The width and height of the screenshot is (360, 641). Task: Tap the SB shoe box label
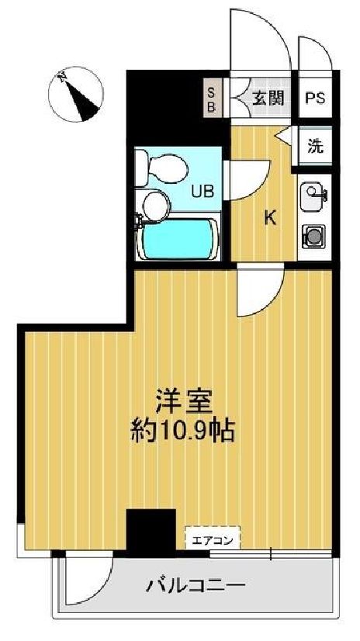pyautogui.click(x=211, y=99)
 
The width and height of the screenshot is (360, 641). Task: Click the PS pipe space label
pyautogui.click(x=314, y=99)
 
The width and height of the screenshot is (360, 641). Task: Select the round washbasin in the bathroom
pyautogui.click(x=156, y=205)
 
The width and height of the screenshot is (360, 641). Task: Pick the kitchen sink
pyautogui.click(x=315, y=193)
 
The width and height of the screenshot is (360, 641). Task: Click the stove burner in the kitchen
pyautogui.click(x=315, y=234)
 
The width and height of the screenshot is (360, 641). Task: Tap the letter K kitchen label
pyautogui.click(x=270, y=218)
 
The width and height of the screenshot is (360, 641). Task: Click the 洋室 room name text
pyautogui.click(x=183, y=403)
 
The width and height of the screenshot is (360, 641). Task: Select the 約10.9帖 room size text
pyautogui.click(x=183, y=428)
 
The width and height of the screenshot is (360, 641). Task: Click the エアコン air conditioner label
pyautogui.click(x=212, y=537)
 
